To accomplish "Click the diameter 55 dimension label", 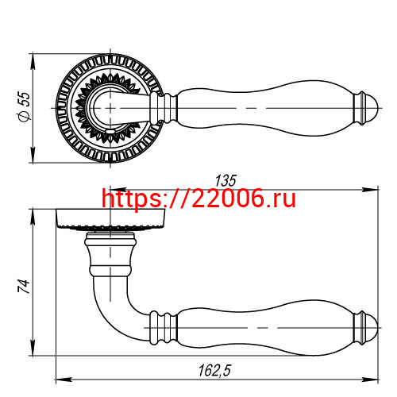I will [x=24, y=106].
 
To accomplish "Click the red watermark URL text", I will [x=198, y=198].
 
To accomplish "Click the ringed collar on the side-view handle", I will [x=165, y=326].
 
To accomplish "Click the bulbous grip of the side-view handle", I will [x=262, y=326].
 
